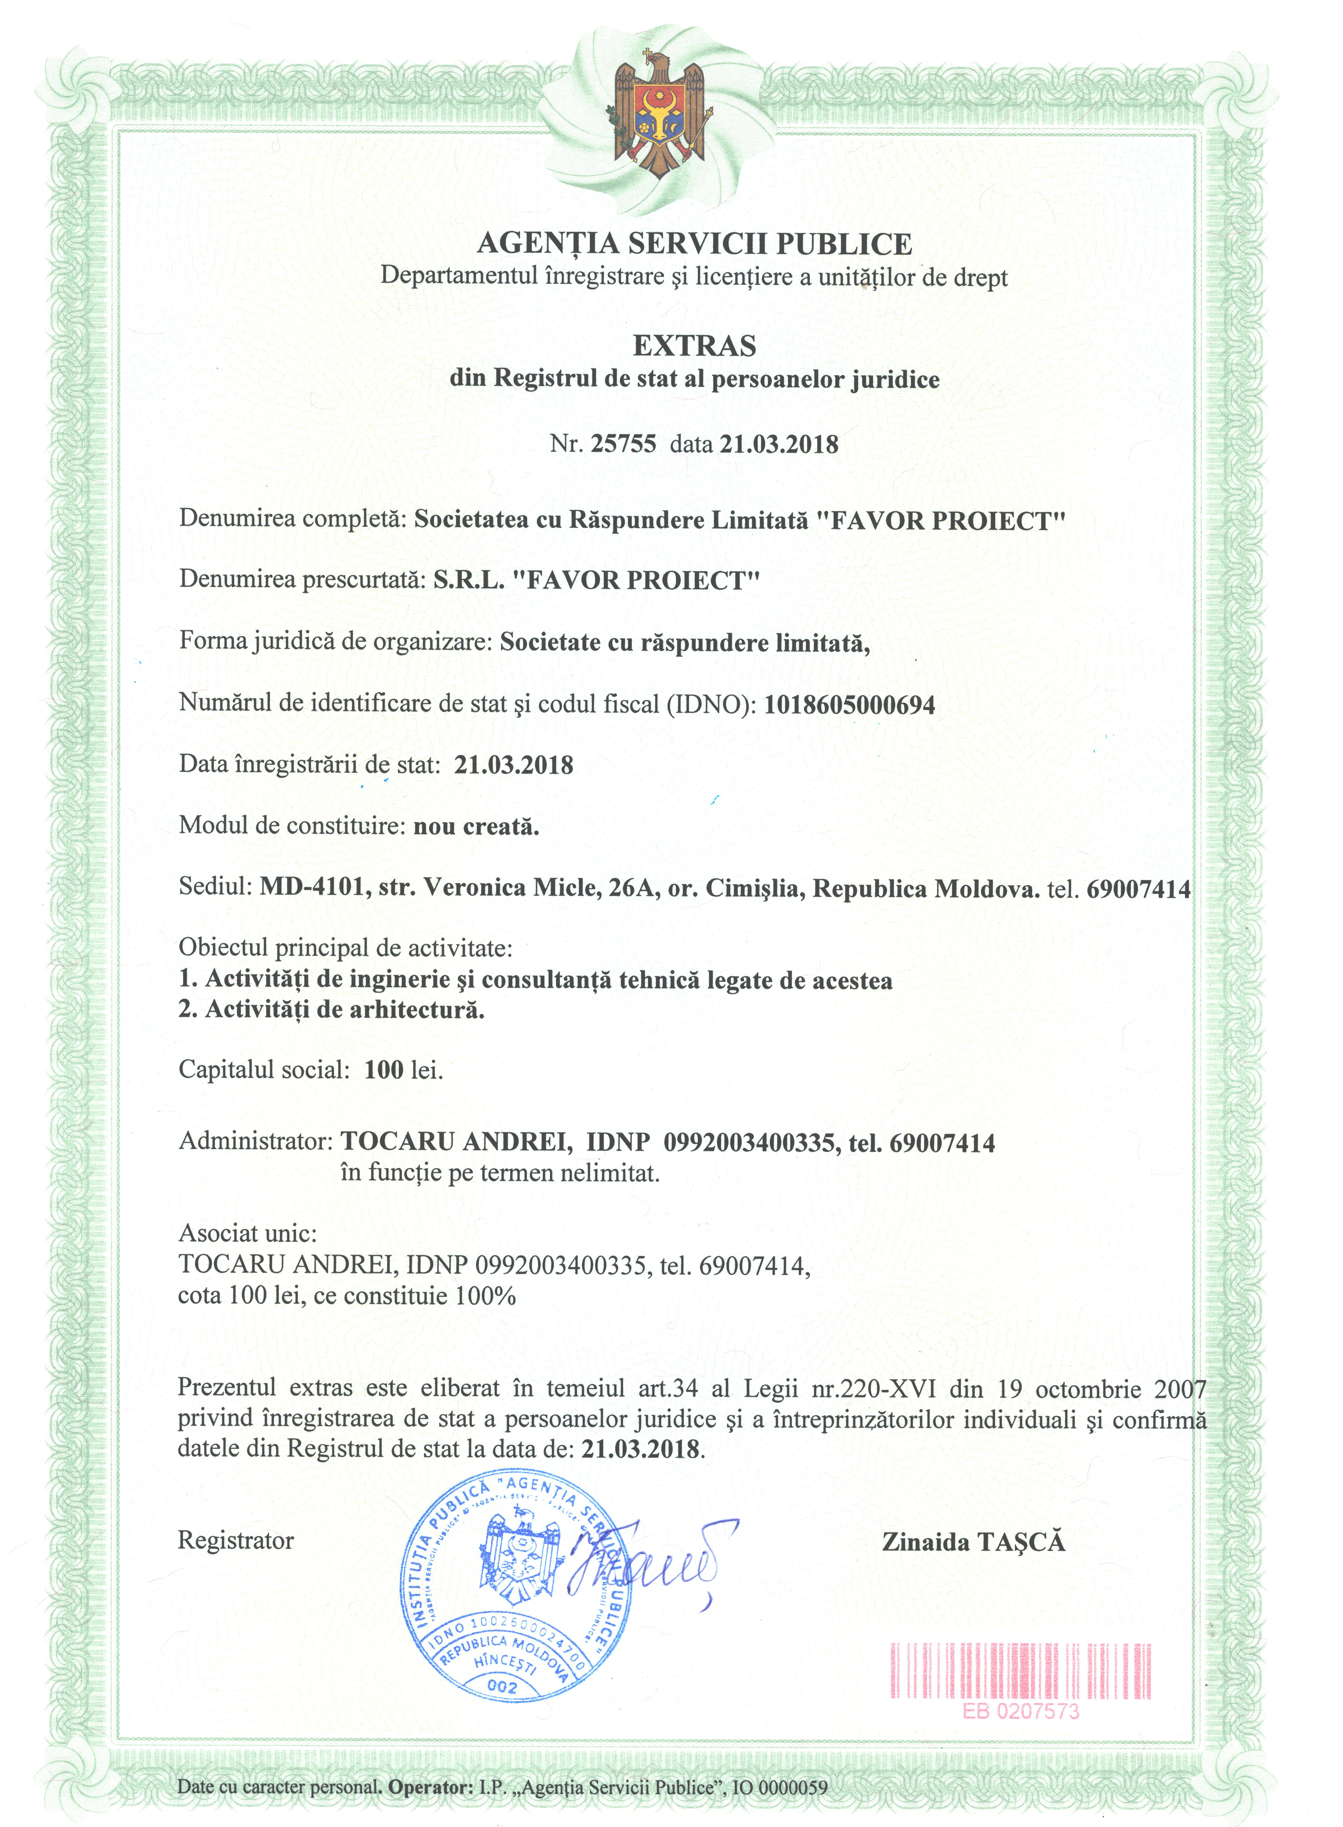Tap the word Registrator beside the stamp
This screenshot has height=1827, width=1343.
point(236,1541)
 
